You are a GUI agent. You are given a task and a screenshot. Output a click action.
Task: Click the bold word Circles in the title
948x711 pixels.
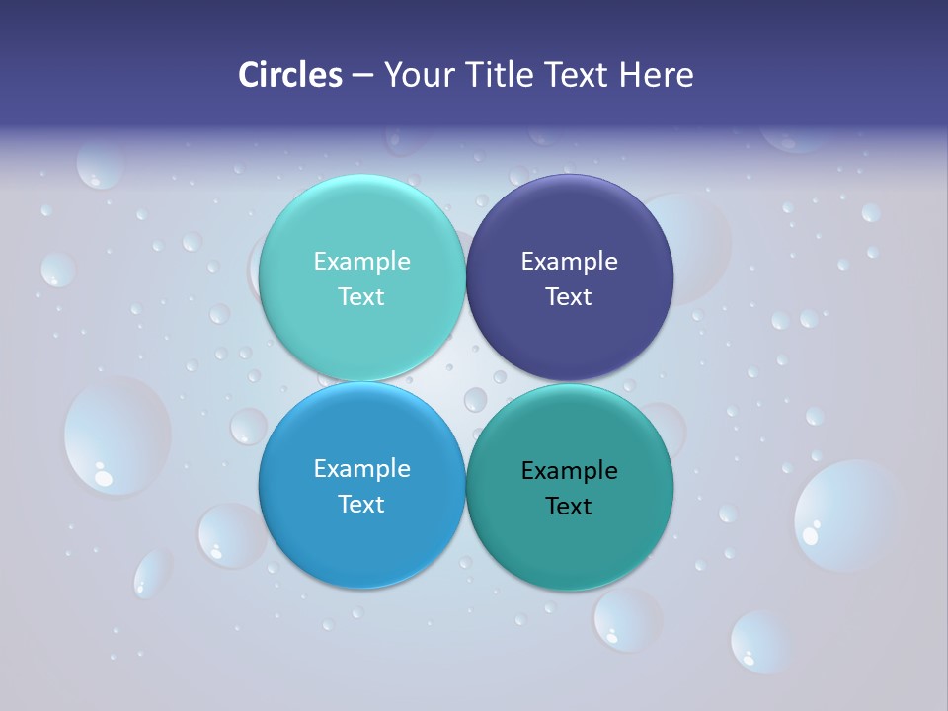point(289,75)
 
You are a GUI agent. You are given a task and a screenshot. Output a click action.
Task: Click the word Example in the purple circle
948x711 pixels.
point(570,262)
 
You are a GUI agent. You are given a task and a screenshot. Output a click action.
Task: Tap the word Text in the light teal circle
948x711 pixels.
point(361,296)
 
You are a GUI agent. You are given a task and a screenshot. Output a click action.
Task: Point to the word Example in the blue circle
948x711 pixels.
point(361,469)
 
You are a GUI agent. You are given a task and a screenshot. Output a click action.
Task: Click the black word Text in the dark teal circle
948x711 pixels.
point(569,506)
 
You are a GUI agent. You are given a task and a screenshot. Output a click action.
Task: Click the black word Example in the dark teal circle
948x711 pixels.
point(570,471)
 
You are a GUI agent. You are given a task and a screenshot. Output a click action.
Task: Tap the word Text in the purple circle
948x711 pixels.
point(569,296)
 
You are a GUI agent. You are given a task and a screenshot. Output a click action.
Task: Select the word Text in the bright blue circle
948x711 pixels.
point(361,504)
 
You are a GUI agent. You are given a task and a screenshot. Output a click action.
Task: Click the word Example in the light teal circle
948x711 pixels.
point(361,262)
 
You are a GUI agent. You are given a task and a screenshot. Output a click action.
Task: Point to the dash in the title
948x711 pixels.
point(361,76)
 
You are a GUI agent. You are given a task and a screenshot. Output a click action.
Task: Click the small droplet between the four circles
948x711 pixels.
point(475,399)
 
